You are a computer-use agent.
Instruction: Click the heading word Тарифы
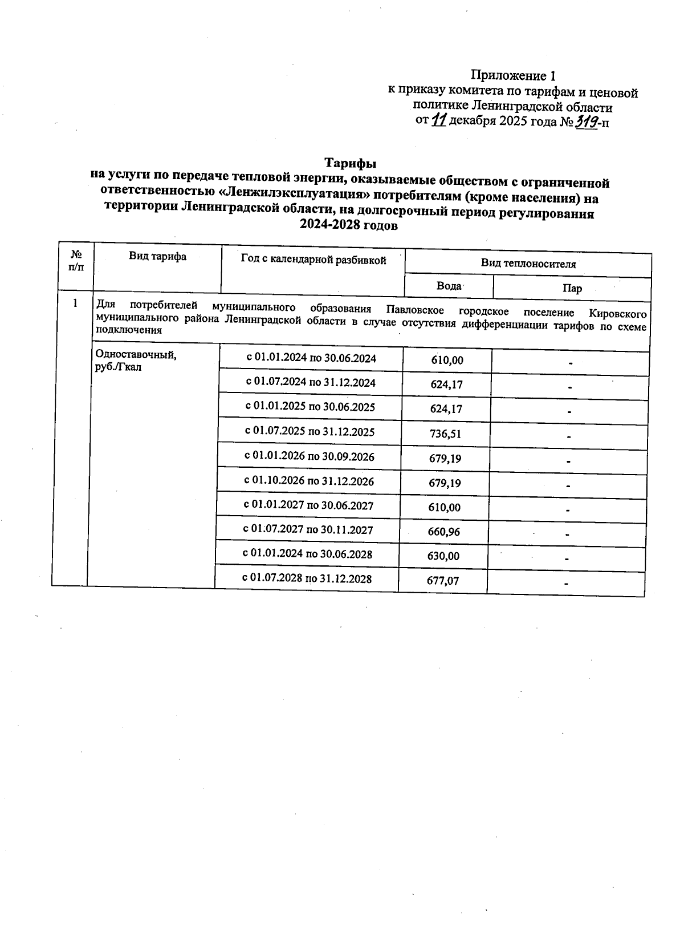[351, 164]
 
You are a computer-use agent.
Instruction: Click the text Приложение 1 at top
[512, 75]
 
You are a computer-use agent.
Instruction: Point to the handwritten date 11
[438, 121]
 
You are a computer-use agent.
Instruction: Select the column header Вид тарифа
[157, 257]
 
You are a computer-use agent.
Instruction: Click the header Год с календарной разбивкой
[313, 260]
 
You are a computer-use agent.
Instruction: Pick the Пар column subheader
[572, 289]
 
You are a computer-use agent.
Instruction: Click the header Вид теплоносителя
[528, 264]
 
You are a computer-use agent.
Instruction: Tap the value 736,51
[445, 434]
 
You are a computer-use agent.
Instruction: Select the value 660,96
[444, 532]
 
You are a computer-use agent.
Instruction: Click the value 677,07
[443, 581]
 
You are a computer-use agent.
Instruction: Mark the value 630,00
[443, 556]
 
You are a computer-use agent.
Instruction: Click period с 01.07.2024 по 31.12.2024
[311, 383]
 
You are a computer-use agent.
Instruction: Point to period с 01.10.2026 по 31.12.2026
[310, 481]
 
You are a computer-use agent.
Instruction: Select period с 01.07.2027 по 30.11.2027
[308, 530]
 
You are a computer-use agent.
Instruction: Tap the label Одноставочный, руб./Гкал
[136, 361]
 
